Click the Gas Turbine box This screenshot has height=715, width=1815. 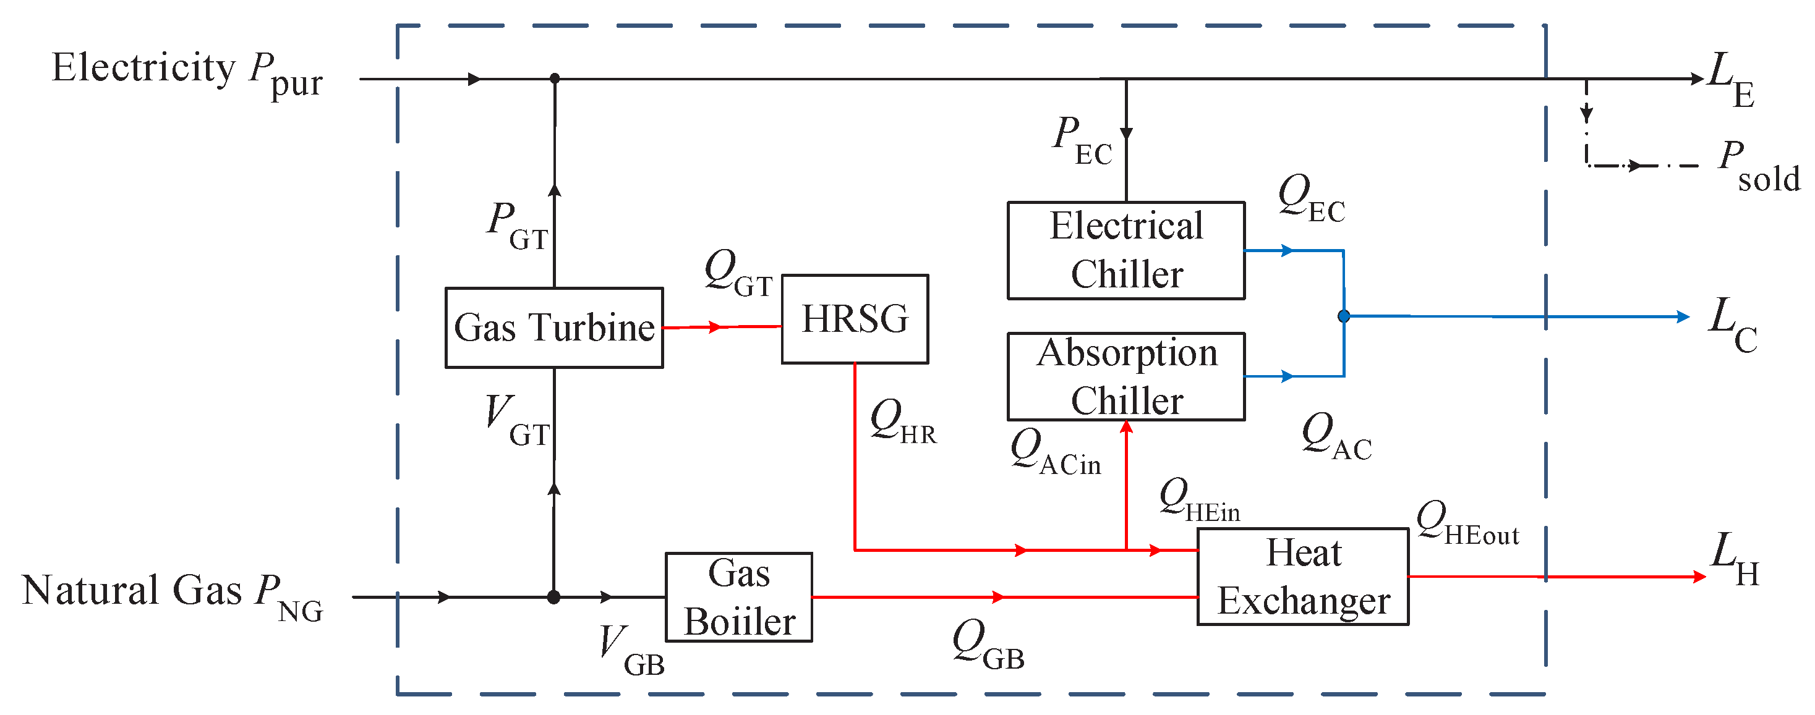tap(554, 328)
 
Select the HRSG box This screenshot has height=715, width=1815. tap(855, 319)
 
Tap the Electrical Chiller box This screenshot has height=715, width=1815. tap(1126, 250)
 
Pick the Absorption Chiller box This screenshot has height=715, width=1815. tap(1126, 376)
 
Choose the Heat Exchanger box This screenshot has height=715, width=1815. tap(1303, 576)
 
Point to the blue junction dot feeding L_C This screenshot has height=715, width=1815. tap(1344, 316)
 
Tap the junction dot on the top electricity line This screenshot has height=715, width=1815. tap(555, 78)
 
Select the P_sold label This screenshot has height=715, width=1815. tap(1758, 166)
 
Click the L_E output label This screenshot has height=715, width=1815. tap(1730, 79)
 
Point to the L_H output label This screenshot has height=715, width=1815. tap(1734, 559)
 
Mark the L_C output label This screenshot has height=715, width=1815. tap(1733, 324)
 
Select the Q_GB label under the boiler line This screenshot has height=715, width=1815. tap(987, 645)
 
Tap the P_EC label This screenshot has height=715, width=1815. tap(1082, 141)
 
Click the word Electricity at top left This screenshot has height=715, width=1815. tap(143, 69)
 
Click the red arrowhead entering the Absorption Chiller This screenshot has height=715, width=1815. tap(1127, 427)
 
